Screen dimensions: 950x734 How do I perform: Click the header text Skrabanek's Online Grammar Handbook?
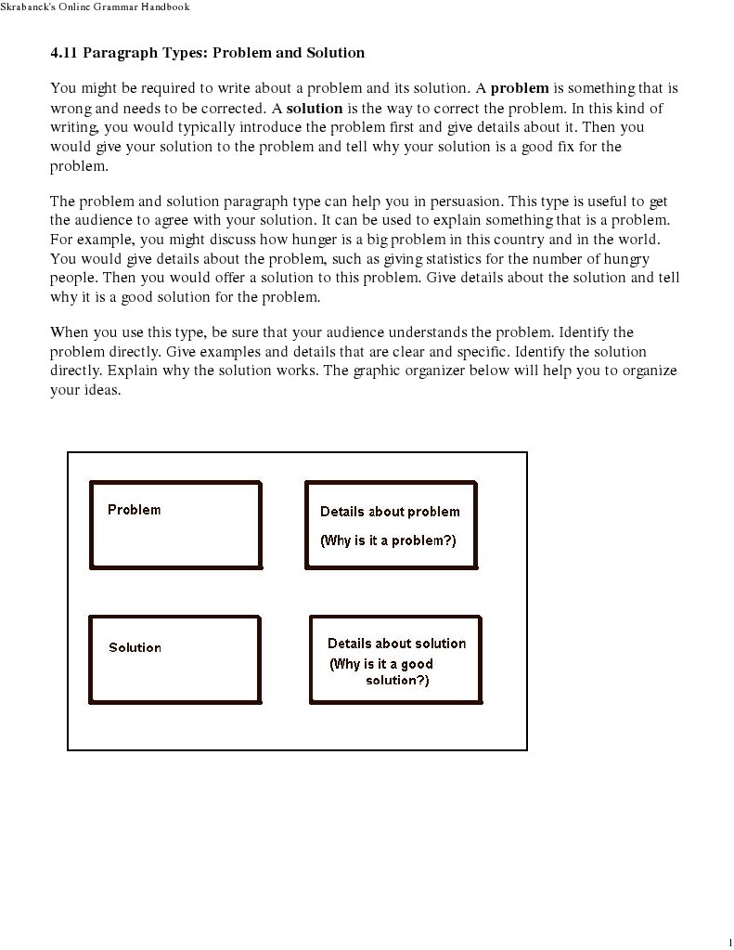pos(95,7)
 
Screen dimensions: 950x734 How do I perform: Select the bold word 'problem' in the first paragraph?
pos(520,89)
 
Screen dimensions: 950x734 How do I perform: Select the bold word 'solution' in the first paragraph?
pos(315,109)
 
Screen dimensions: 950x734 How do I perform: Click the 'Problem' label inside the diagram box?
pos(134,510)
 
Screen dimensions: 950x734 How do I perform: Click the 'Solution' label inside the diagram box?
pos(135,647)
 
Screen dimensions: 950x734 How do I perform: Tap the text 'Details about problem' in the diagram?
pos(390,512)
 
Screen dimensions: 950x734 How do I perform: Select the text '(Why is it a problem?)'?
pos(388,540)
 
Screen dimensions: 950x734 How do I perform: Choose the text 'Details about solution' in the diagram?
pos(396,644)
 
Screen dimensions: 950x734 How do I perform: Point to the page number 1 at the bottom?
pos(730,943)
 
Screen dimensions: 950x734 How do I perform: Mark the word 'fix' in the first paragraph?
pos(560,148)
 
